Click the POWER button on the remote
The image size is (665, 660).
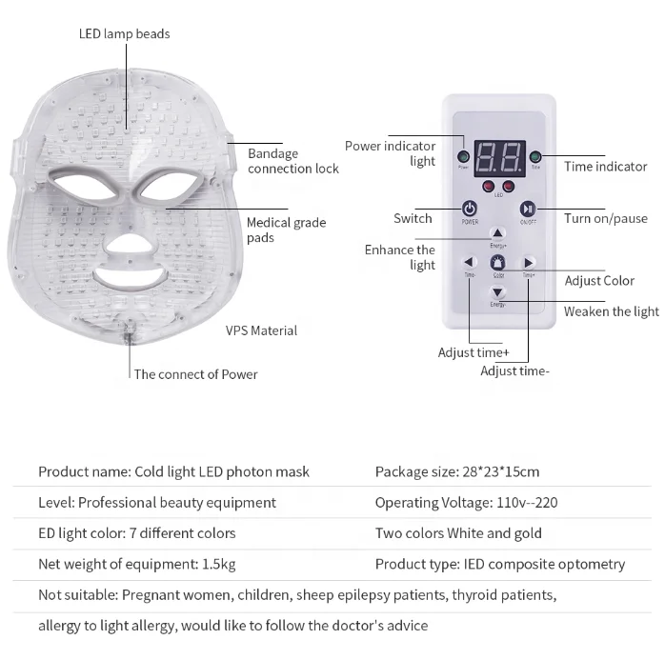coord(470,210)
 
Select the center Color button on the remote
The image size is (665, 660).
coord(497,264)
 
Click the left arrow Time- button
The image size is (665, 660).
coord(470,263)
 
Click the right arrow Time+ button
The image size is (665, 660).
coord(527,263)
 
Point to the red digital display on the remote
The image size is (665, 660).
coord(496,156)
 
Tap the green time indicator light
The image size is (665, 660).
coord(535,157)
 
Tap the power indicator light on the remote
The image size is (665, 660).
coord(463,157)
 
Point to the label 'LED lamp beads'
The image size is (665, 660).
coord(124,34)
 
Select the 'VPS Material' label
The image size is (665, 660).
coord(261,330)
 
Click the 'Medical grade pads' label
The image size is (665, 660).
coord(286,230)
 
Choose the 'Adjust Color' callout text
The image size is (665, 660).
coord(599,281)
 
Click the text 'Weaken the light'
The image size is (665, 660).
coord(611,311)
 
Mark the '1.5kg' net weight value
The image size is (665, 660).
coord(218,564)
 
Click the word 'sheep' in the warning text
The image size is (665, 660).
coord(315,595)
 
